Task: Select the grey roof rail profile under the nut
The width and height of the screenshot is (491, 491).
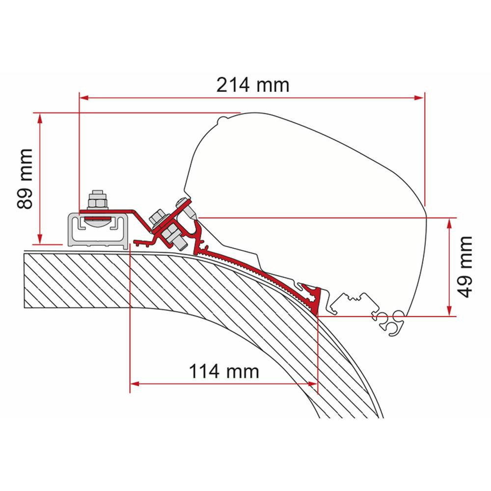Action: coord(96,231)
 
